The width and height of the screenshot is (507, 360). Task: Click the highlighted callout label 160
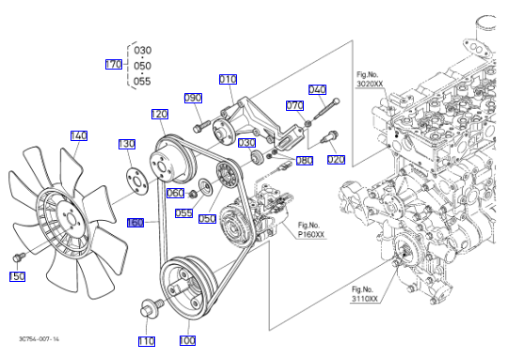pos(135,223)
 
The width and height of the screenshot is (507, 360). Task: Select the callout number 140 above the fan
pos(79,135)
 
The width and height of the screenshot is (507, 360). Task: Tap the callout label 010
pos(228,79)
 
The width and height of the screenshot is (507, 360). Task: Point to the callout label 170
pos(114,64)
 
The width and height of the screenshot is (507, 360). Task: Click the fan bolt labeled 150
pos(19,257)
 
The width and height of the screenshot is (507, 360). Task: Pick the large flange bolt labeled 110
pos(152,307)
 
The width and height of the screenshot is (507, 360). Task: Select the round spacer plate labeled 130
pos(136,181)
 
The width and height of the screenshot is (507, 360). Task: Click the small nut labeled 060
pos(194,195)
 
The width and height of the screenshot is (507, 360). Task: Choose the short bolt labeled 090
pos(200,126)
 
